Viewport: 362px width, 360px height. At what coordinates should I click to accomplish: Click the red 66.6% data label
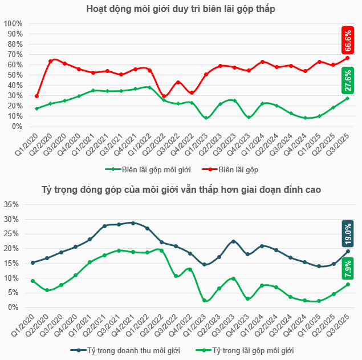(x=348, y=41)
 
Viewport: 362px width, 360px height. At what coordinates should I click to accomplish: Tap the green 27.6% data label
(x=348, y=80)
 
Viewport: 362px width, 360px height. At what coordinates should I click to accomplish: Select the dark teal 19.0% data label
(x=348, y=233)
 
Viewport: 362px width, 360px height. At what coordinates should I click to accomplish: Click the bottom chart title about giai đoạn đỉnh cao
(x=181, y=189)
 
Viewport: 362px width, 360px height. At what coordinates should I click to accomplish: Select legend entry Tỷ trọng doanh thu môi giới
(x=125, y=350)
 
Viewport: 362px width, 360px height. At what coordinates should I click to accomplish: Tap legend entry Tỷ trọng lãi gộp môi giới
(x=245, y=350)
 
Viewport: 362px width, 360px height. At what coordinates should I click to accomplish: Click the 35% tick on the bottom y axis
(x=13, y=205)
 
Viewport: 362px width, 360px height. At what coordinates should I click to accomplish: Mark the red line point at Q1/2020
(x=36, y=96)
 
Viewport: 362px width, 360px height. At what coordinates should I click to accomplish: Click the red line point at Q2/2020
(x=50, y=61)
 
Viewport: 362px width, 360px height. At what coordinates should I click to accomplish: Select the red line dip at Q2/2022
(x=164, y=96)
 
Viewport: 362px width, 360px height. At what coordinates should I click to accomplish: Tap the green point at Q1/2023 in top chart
(x=206, y=118)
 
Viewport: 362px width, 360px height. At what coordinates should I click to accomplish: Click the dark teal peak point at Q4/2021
(x=133, y=223)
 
